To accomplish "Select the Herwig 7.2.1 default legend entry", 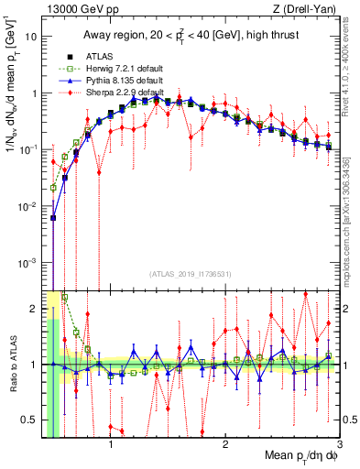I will click(118, 69).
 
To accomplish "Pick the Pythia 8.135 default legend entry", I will click(118, 81).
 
